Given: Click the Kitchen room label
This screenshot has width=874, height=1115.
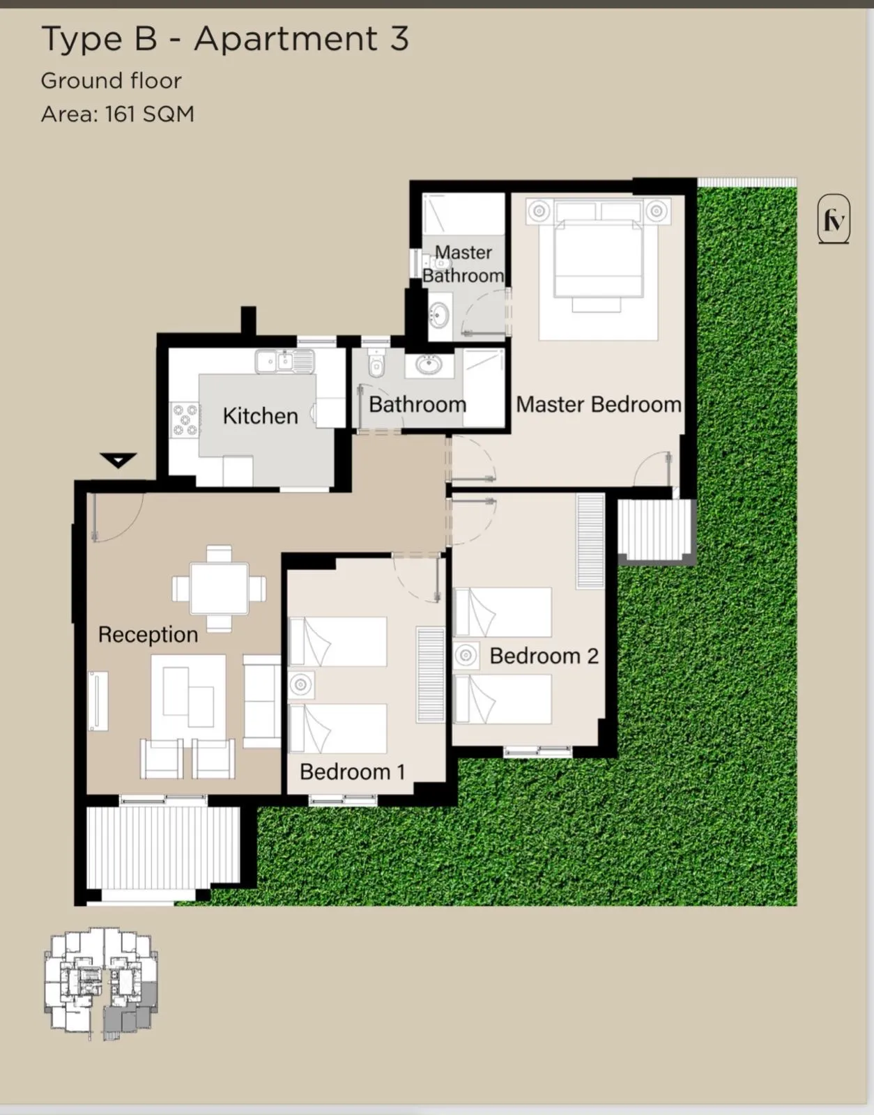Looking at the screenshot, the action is [260, 415].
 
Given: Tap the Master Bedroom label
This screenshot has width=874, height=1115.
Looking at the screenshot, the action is [599, 404].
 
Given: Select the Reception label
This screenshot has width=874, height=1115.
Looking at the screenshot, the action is [148, 635].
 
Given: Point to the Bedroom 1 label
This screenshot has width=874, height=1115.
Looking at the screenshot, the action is [353, 771].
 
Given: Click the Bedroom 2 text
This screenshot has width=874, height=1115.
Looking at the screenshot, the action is [544, 656].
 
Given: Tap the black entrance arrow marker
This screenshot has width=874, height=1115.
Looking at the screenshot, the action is [118, 460].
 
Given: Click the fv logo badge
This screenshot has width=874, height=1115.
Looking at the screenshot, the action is [834, 219].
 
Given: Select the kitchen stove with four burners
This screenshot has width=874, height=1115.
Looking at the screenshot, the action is [185, 420].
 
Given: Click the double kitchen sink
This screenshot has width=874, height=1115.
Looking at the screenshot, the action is [284, 361].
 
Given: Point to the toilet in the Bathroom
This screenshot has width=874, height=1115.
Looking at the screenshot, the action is [376, 363].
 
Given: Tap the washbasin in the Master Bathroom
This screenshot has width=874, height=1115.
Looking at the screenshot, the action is [440, 314].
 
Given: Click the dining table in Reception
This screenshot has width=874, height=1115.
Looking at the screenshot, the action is [219, 588].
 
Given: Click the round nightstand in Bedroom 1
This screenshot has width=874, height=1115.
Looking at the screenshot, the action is [300, 684].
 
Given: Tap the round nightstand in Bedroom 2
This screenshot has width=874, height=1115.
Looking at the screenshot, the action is [466, 655].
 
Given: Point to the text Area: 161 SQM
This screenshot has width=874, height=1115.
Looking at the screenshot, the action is [118, 114].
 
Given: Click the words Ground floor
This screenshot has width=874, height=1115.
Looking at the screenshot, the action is [111, 81].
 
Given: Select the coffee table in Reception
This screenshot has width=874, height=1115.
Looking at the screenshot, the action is [188, 697].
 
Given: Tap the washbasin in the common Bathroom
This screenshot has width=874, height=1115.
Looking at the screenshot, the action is [429, 365].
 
